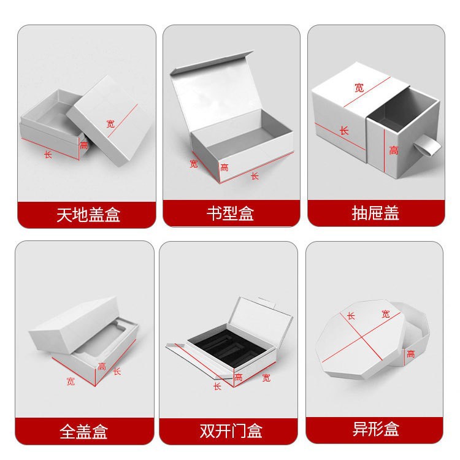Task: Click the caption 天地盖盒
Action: (86, 214)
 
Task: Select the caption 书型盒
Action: (231, 214)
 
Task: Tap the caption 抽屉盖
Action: (375, 213)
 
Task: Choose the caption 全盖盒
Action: (85, 431)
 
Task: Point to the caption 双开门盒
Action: (231, 431)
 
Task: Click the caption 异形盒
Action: (375, 429)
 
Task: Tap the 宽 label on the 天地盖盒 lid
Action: (110, 123)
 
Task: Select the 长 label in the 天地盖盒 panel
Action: (48, 155)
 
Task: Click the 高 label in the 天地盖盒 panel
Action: (83, 145)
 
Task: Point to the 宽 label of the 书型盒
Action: (194, 164)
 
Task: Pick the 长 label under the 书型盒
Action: (255, 176)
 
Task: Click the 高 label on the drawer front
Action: (393, 150)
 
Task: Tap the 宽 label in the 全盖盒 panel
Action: (71, 381)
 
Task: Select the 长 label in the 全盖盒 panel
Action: (117, 371)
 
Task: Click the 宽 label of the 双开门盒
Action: (266, 378)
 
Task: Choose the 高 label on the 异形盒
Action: (410, 353)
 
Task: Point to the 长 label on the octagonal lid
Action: (351, 315)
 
